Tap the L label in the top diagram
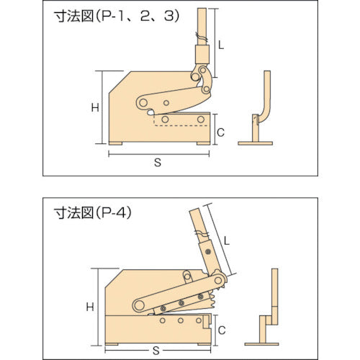(222, 45)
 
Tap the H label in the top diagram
(95, 108)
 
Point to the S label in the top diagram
(158, 163)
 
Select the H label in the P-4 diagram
(90, 307)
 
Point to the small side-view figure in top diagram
(258, 112)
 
